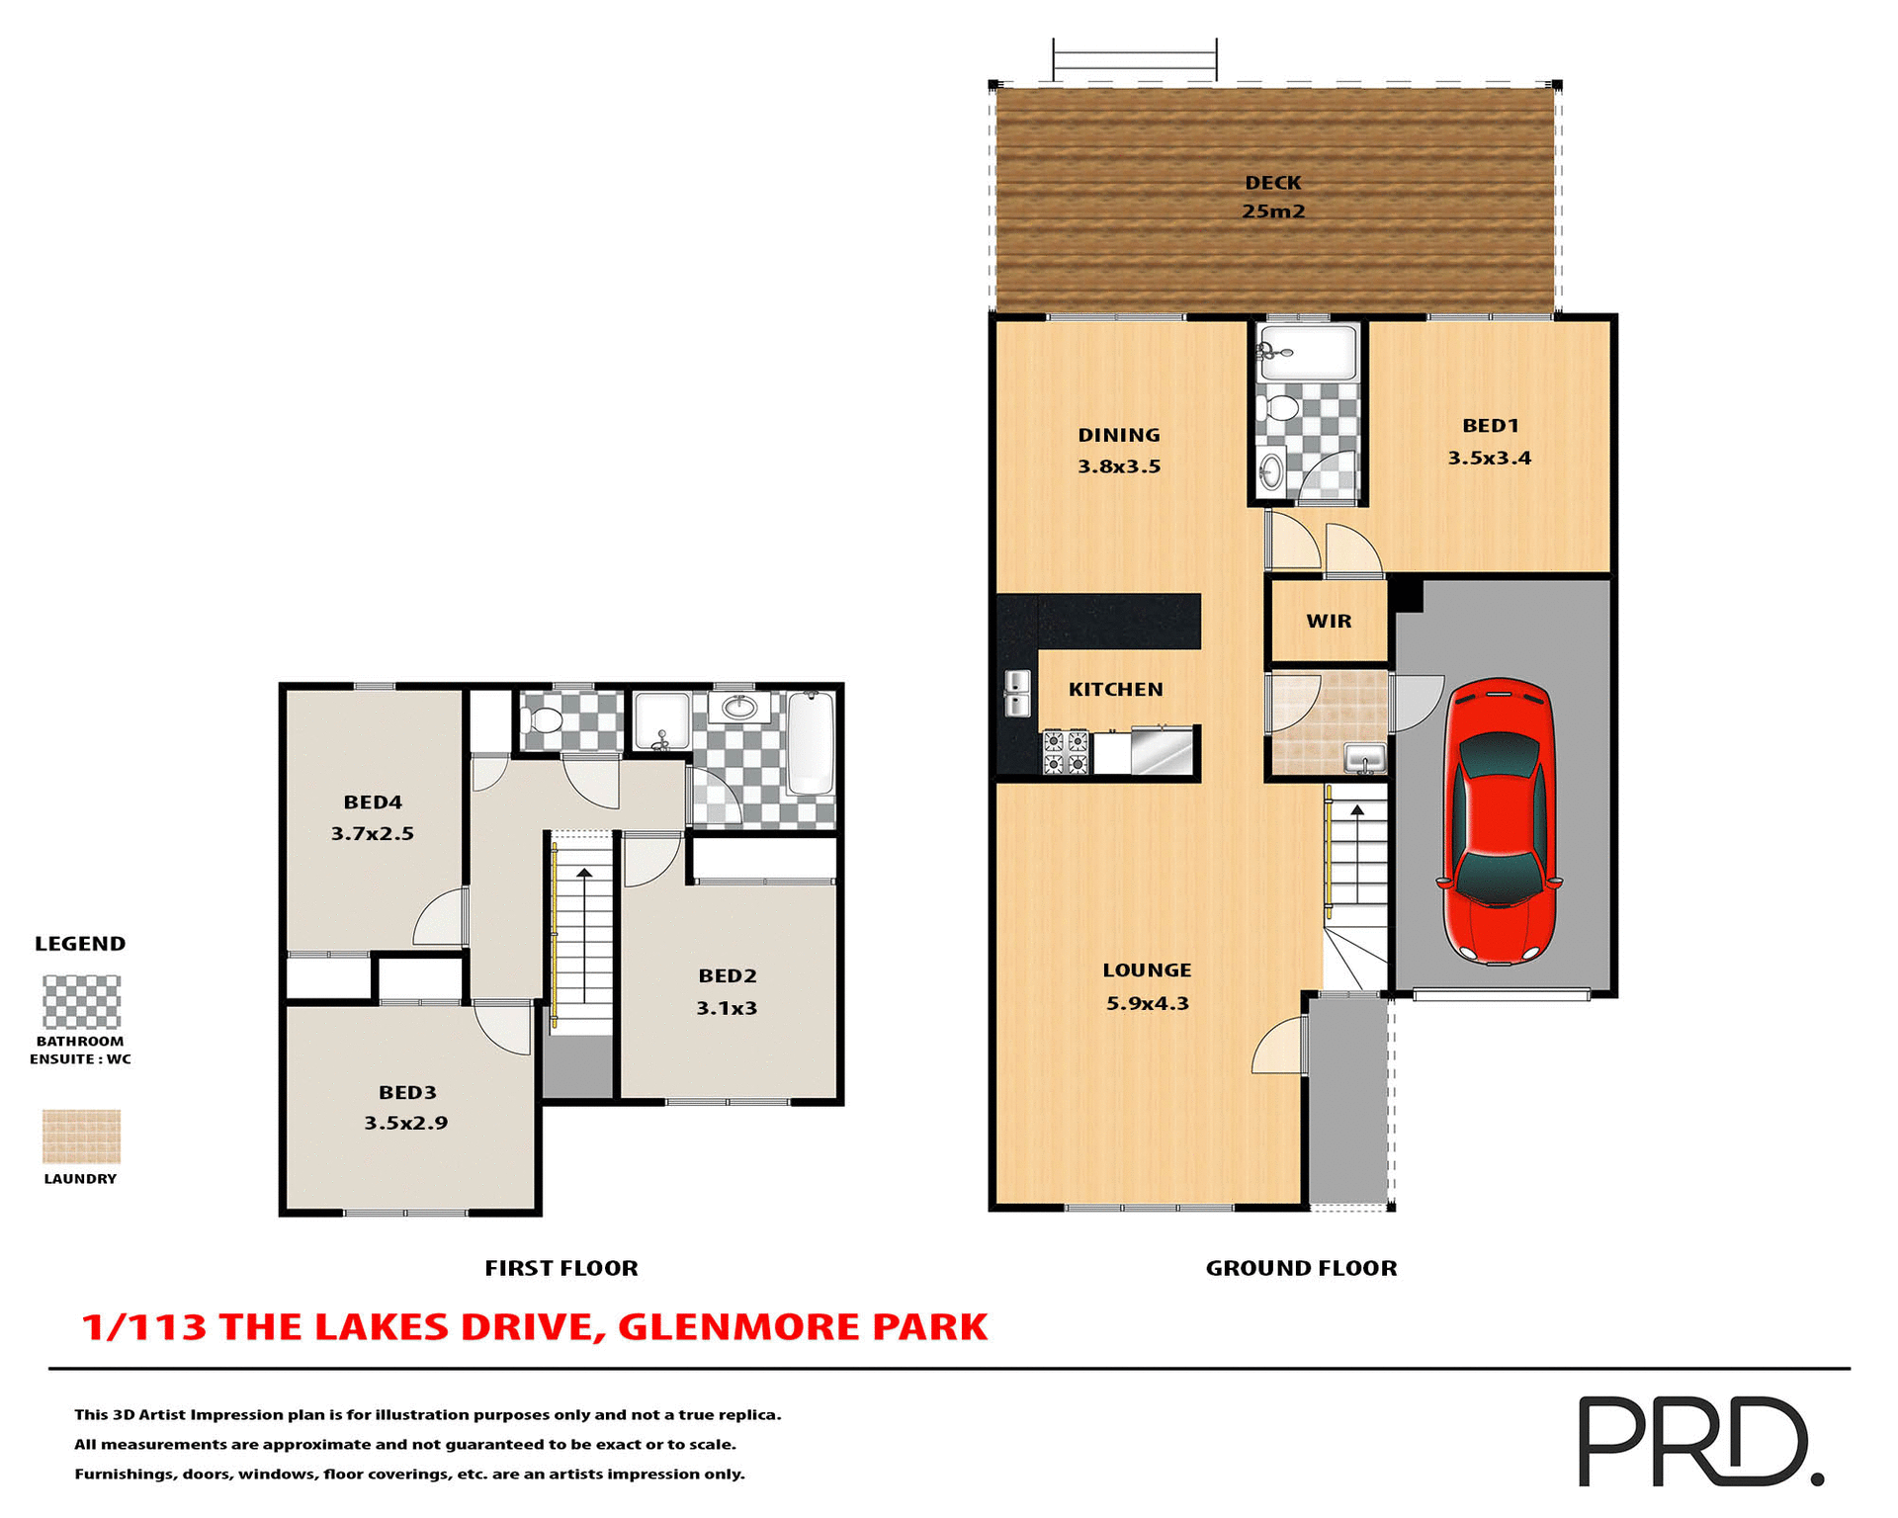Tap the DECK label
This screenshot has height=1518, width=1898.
click(1272, 183)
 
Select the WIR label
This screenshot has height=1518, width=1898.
click(1328, 622)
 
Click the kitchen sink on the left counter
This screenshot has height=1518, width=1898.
click(1017, 693)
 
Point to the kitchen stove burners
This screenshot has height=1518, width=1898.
click(1066, 752)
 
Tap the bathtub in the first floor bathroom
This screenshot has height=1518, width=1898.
click(811, 742)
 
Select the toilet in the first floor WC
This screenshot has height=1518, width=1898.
click(545, 719)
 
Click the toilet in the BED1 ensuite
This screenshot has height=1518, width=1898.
click(1282, 407)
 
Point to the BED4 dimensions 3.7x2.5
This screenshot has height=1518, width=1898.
click(372, 833)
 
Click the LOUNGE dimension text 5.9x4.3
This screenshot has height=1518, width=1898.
click(1147, 1003)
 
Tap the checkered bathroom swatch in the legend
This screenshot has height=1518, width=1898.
click(81, 1002)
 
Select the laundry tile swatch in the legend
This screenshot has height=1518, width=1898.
click(81, 1136)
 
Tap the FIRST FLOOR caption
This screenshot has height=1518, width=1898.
click(561, 1268)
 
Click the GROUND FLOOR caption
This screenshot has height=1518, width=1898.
click(1301, 1268)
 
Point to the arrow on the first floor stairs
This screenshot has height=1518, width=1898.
click(584, 874)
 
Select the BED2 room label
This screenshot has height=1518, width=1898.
click(727, 976)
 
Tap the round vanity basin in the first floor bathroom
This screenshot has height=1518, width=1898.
click(739, 707)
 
